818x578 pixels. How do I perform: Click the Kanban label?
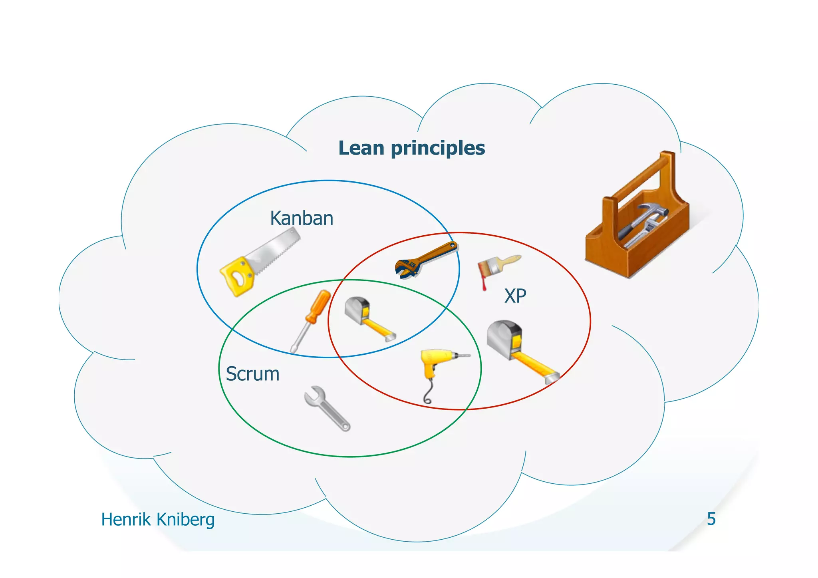302,218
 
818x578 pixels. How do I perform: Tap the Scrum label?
252,374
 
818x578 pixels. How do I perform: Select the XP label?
515,296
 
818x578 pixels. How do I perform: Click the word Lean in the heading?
361,148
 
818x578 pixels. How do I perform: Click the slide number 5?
711,519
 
